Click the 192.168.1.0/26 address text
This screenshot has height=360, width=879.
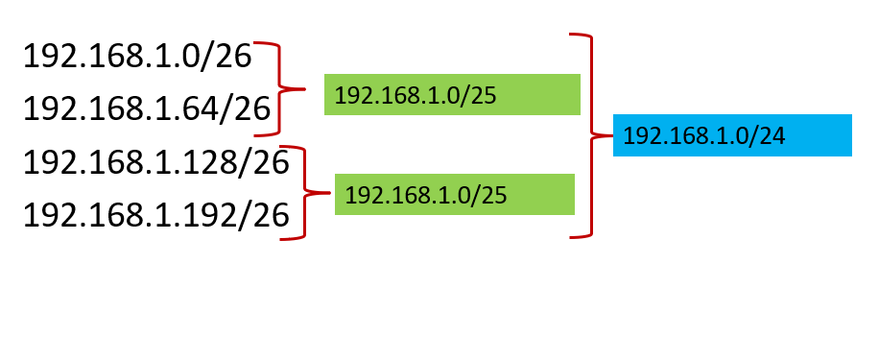pos(137,57)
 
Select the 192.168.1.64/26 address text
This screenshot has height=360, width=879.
pos(147,108)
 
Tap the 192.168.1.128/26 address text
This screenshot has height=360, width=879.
pos(155,162)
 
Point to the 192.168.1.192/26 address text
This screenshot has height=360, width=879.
pos(155,215)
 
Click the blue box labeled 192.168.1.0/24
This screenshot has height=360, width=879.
pos(732,135)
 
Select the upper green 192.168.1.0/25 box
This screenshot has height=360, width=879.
pos(452,94)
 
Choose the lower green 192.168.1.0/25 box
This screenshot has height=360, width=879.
pos(454,194)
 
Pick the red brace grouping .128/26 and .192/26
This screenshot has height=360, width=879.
pos(306,193)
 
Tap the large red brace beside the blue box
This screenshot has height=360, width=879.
pos(589,135)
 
